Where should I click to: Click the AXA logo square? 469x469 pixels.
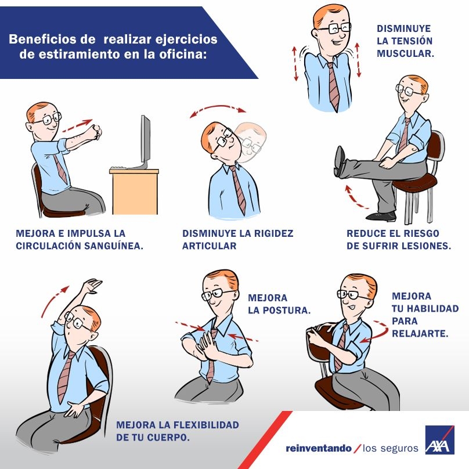[x=439, y=440]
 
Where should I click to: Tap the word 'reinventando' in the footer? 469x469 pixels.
[x=319, y=448]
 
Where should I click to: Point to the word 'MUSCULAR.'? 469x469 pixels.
[x=405, y=53]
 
